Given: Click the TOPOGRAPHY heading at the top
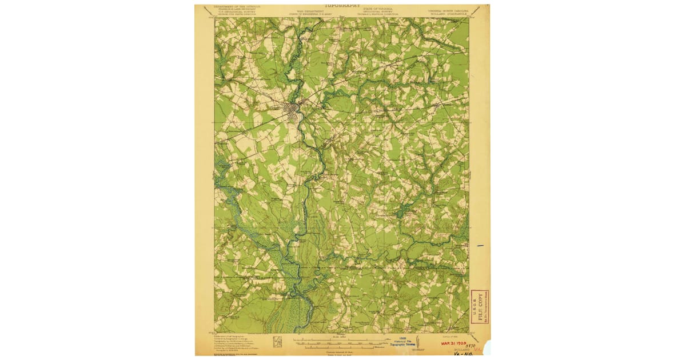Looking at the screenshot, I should (x=342, y=6).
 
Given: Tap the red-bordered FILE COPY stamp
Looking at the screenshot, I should (x=479, y=306).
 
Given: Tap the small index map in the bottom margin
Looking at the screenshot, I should (x=277, y=342).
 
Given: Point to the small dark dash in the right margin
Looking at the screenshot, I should (x=480, y=245).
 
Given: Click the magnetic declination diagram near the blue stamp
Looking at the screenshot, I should (x=419, y=342).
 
